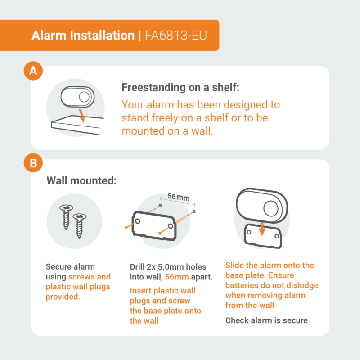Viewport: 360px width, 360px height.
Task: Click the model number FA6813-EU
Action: click(176, 36)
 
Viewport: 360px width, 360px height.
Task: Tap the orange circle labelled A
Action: click(33, 71)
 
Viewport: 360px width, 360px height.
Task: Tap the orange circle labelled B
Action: click(33, 163)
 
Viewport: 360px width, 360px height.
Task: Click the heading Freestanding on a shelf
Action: click(180, 87)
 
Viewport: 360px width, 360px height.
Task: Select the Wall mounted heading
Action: click(81, 180)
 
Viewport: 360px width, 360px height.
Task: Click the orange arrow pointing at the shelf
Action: click(82, 116)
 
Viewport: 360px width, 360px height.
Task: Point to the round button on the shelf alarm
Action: click(84, 97)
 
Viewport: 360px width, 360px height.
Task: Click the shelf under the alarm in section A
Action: click(77, 125)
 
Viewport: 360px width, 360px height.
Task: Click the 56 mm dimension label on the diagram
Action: click(179, 197)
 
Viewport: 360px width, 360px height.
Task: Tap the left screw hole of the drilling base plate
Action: click(138, 221)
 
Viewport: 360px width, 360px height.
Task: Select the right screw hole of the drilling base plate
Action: click(171, 226)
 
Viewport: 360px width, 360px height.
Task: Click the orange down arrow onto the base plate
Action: click(262, 229)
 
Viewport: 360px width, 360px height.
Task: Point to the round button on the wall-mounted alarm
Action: click(271, 208)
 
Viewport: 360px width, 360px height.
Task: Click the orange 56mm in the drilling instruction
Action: click(177, 277)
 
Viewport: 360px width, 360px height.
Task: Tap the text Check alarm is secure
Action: click(266, 320)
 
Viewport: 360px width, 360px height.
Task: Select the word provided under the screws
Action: click(63, 297)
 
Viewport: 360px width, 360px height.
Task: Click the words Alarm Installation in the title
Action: click(83, 36)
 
